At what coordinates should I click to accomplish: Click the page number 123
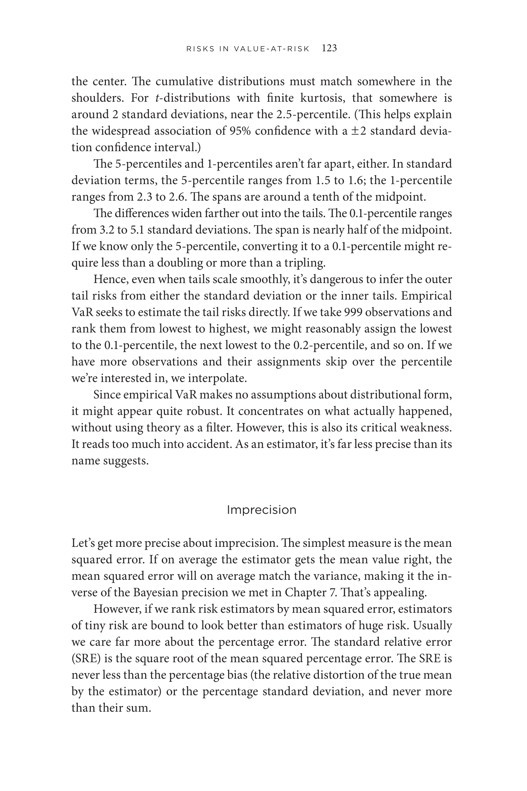point(329,48)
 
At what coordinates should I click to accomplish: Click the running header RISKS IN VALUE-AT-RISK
point(248,49)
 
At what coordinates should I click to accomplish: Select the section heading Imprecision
point(262,510)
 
